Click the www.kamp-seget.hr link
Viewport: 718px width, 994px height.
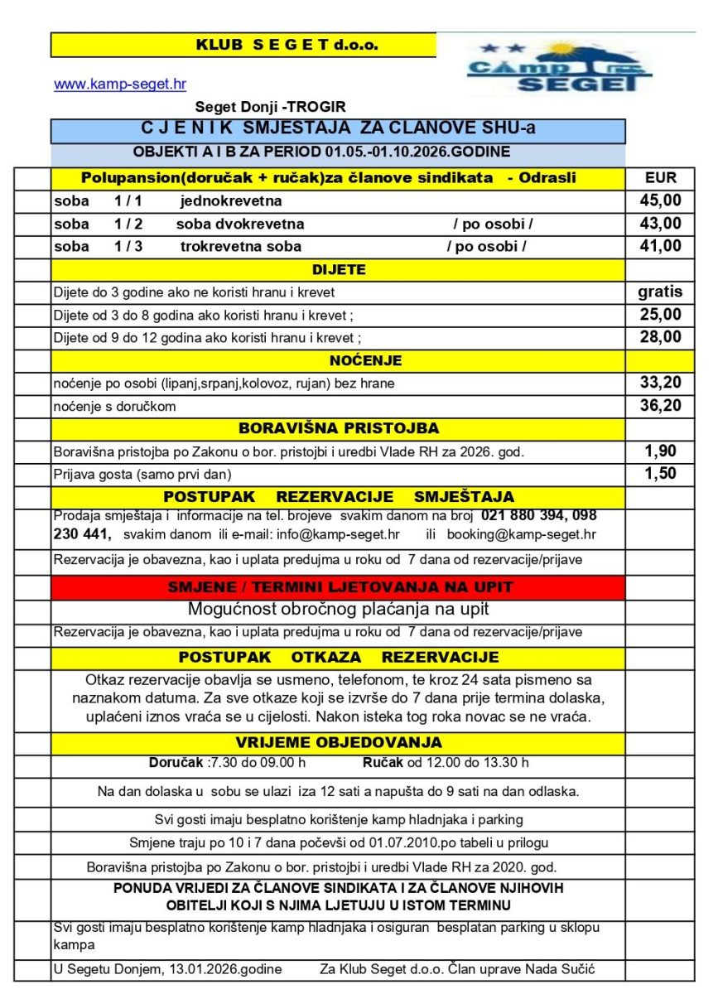[120, 84]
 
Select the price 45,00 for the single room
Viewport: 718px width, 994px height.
[660, 200]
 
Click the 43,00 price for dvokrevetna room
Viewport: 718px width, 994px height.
[660, 224]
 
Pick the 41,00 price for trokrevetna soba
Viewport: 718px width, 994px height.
[660, 246]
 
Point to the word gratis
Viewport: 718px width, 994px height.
[660, 292]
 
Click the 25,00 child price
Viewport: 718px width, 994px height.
[660, 315]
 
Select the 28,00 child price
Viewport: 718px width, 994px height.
[660, 337]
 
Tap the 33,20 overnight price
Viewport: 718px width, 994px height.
[660, 383]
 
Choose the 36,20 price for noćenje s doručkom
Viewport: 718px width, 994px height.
[660, 406]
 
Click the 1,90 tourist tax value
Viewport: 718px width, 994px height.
[660, 451]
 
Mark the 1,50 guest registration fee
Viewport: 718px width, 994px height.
[660, 474]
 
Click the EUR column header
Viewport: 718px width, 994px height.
[660, 177]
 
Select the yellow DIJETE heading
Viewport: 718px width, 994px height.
[338, 269]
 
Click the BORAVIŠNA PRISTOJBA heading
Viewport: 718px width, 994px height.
[338, 429]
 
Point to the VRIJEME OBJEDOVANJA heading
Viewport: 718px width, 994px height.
[338, 743]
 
